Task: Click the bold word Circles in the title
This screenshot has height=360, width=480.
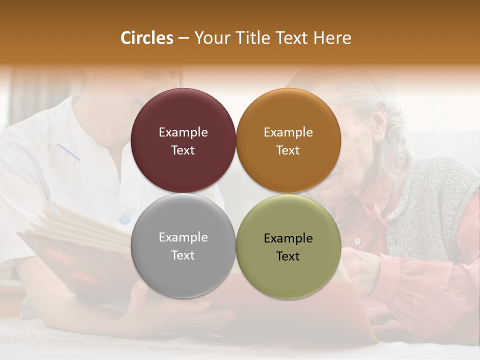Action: (x=146, y=38)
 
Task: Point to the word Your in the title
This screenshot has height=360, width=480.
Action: (x=210, y=38)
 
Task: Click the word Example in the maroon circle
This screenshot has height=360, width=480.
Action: (x=183, y=132)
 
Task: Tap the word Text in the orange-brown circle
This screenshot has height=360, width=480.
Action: (x=288, y=150)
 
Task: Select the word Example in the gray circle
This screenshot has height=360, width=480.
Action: (x=183, y=237)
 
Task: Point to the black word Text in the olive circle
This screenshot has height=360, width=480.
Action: (x=288, y=256)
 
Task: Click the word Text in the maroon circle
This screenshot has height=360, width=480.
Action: (x=183, y=150)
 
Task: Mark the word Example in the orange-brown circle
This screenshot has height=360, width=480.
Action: (x=288, y=132)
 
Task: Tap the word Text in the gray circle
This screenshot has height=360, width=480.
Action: (x=183, y=255)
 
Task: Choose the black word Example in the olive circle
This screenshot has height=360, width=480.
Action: (x=288, y=238)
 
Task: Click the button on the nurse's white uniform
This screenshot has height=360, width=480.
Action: (x=124, y=218)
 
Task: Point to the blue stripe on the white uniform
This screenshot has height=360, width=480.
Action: (x=68, y=152)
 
